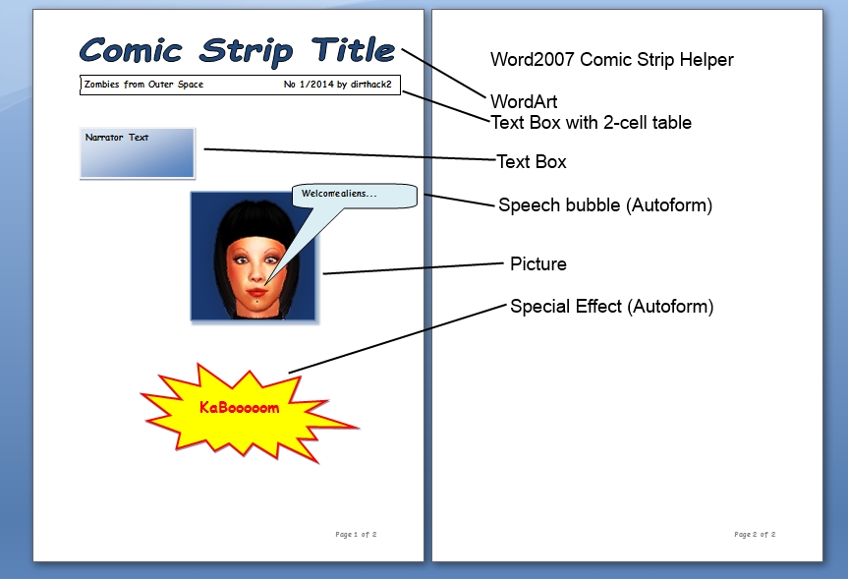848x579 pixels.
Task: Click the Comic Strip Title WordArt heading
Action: click(238, 51)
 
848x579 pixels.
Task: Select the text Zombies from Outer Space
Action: click(143, 85)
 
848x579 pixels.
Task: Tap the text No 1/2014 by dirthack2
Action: click(337, 85)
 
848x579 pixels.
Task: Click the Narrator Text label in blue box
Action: click(117, 138)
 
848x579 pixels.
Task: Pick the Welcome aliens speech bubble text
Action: click(339, 194)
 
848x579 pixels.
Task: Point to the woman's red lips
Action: click(254, 292)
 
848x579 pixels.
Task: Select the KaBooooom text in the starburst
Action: click(240, 408)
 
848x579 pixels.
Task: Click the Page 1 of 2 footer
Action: click(356, 534)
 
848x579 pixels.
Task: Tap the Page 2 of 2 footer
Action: click(755, 534)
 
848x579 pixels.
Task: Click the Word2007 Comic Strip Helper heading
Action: click(611, 60)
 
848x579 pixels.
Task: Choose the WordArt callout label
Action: click(524, 101)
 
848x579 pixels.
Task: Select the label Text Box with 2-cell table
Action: click(592, 123)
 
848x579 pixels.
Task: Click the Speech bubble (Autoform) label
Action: click(605, 205)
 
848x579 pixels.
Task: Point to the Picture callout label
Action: click(538, 264)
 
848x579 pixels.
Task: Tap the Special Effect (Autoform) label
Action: click(611, 307)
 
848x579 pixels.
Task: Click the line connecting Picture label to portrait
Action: click(413, 268)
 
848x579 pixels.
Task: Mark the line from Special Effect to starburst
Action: click(398, 339)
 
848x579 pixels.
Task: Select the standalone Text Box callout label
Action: click(531, 162)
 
